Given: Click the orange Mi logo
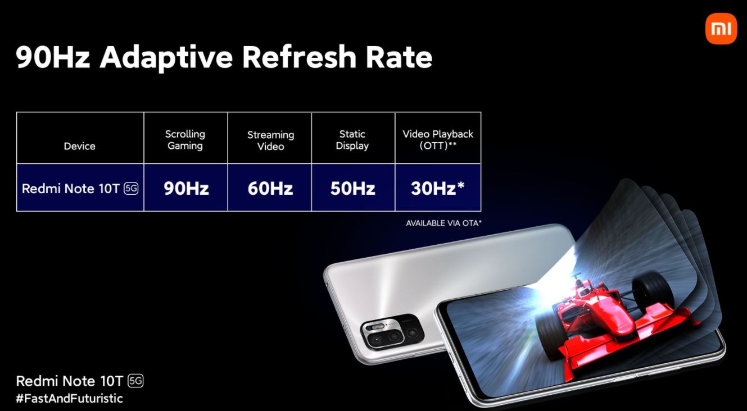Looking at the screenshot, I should point(721,29).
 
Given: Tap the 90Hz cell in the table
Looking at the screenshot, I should point(186,188).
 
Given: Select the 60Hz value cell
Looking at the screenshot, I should point(270,188).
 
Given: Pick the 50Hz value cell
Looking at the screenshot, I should point(352,188).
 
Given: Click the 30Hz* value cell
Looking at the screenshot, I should point(437,188).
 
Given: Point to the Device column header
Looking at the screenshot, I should point(80,146).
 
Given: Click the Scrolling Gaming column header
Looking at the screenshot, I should point(185,140).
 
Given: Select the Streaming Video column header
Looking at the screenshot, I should point(270,140).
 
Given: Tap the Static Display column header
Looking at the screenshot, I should point(352,140).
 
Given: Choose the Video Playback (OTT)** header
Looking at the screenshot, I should point(438,139).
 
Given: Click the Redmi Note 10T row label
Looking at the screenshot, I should point(71,189).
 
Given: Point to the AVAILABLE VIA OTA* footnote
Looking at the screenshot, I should point(443,223).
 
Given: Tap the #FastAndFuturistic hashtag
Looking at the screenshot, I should point(69,399).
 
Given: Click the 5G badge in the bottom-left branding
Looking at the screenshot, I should point(136,381).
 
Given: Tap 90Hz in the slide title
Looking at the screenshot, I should point(53,58).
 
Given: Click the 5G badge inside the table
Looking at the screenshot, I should point(131,189).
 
